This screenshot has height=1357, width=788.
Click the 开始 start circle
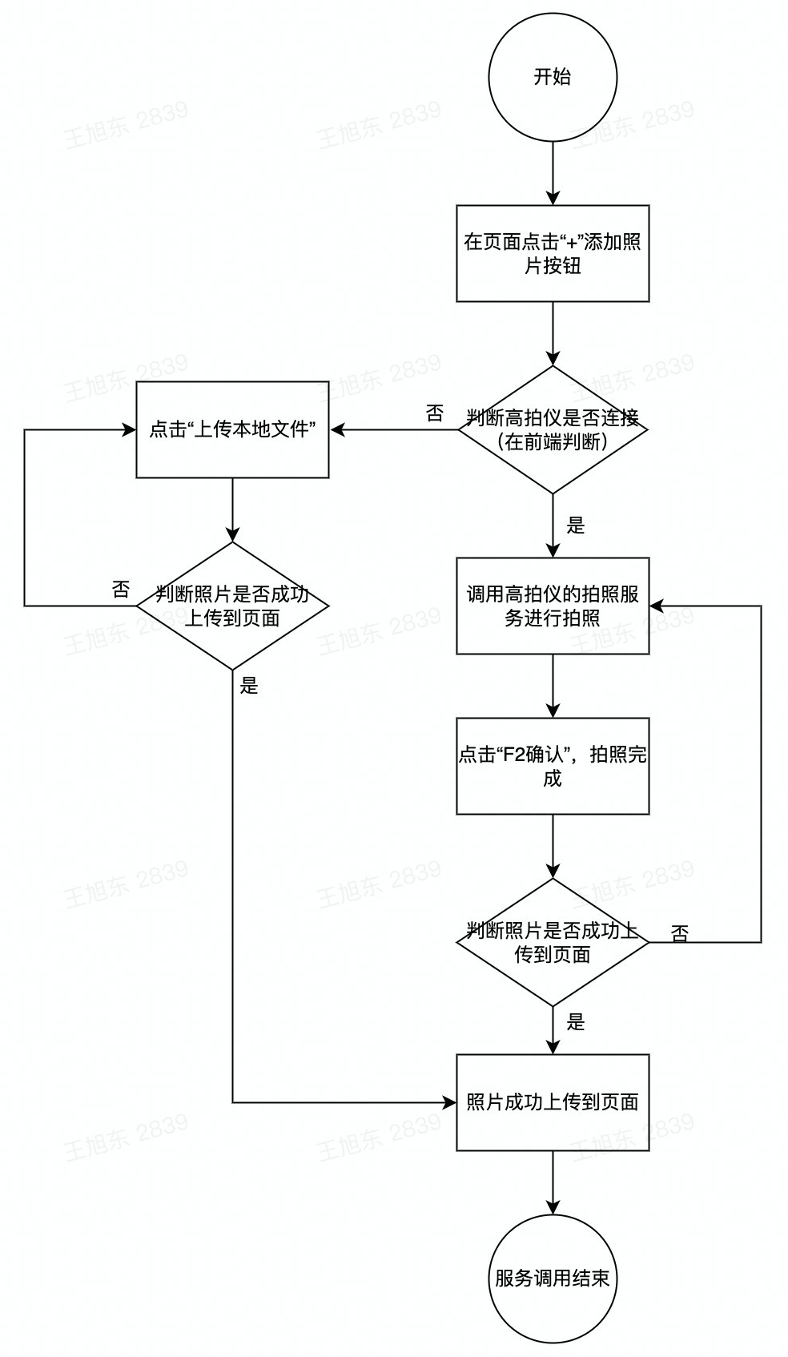click(x=553, y=78)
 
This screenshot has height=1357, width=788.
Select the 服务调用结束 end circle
click(x=553, y=1278)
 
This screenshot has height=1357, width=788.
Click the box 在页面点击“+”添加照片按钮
click(x=553, y=253)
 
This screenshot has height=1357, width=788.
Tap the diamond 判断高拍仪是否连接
click(x=553, y=429)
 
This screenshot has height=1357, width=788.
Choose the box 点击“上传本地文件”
click(x=232, y=429)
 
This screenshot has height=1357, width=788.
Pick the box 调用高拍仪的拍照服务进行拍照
click(x=553, y=606)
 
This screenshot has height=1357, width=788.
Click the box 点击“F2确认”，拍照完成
click(x=553, y=766)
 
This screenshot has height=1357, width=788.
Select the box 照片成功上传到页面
click(x=553, y=1102)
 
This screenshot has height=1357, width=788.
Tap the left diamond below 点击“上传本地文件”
click(x=232, y=606)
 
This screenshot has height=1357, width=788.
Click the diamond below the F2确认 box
click(x=553, y=942)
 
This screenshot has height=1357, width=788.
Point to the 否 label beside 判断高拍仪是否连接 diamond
click(x=434, y=414)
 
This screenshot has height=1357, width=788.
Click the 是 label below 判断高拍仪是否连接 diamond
click(x=576, y=525)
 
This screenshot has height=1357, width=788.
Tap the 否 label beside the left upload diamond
click(x=121, y=590)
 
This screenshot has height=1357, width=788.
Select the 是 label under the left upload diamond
click(x=249, y=686)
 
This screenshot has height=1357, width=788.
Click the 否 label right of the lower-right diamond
click(x=680, y=933)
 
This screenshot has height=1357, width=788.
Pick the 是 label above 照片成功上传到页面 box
click(x=576, y=1022)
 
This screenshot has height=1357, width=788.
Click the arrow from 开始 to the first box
click(x=553, y=174)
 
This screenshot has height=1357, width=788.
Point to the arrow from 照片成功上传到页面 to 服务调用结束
click(x=553, y=1182)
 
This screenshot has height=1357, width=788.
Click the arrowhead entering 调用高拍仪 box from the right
click(x=657, y=606)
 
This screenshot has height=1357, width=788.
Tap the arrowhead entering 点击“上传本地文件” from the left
click(x=128, y=429)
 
